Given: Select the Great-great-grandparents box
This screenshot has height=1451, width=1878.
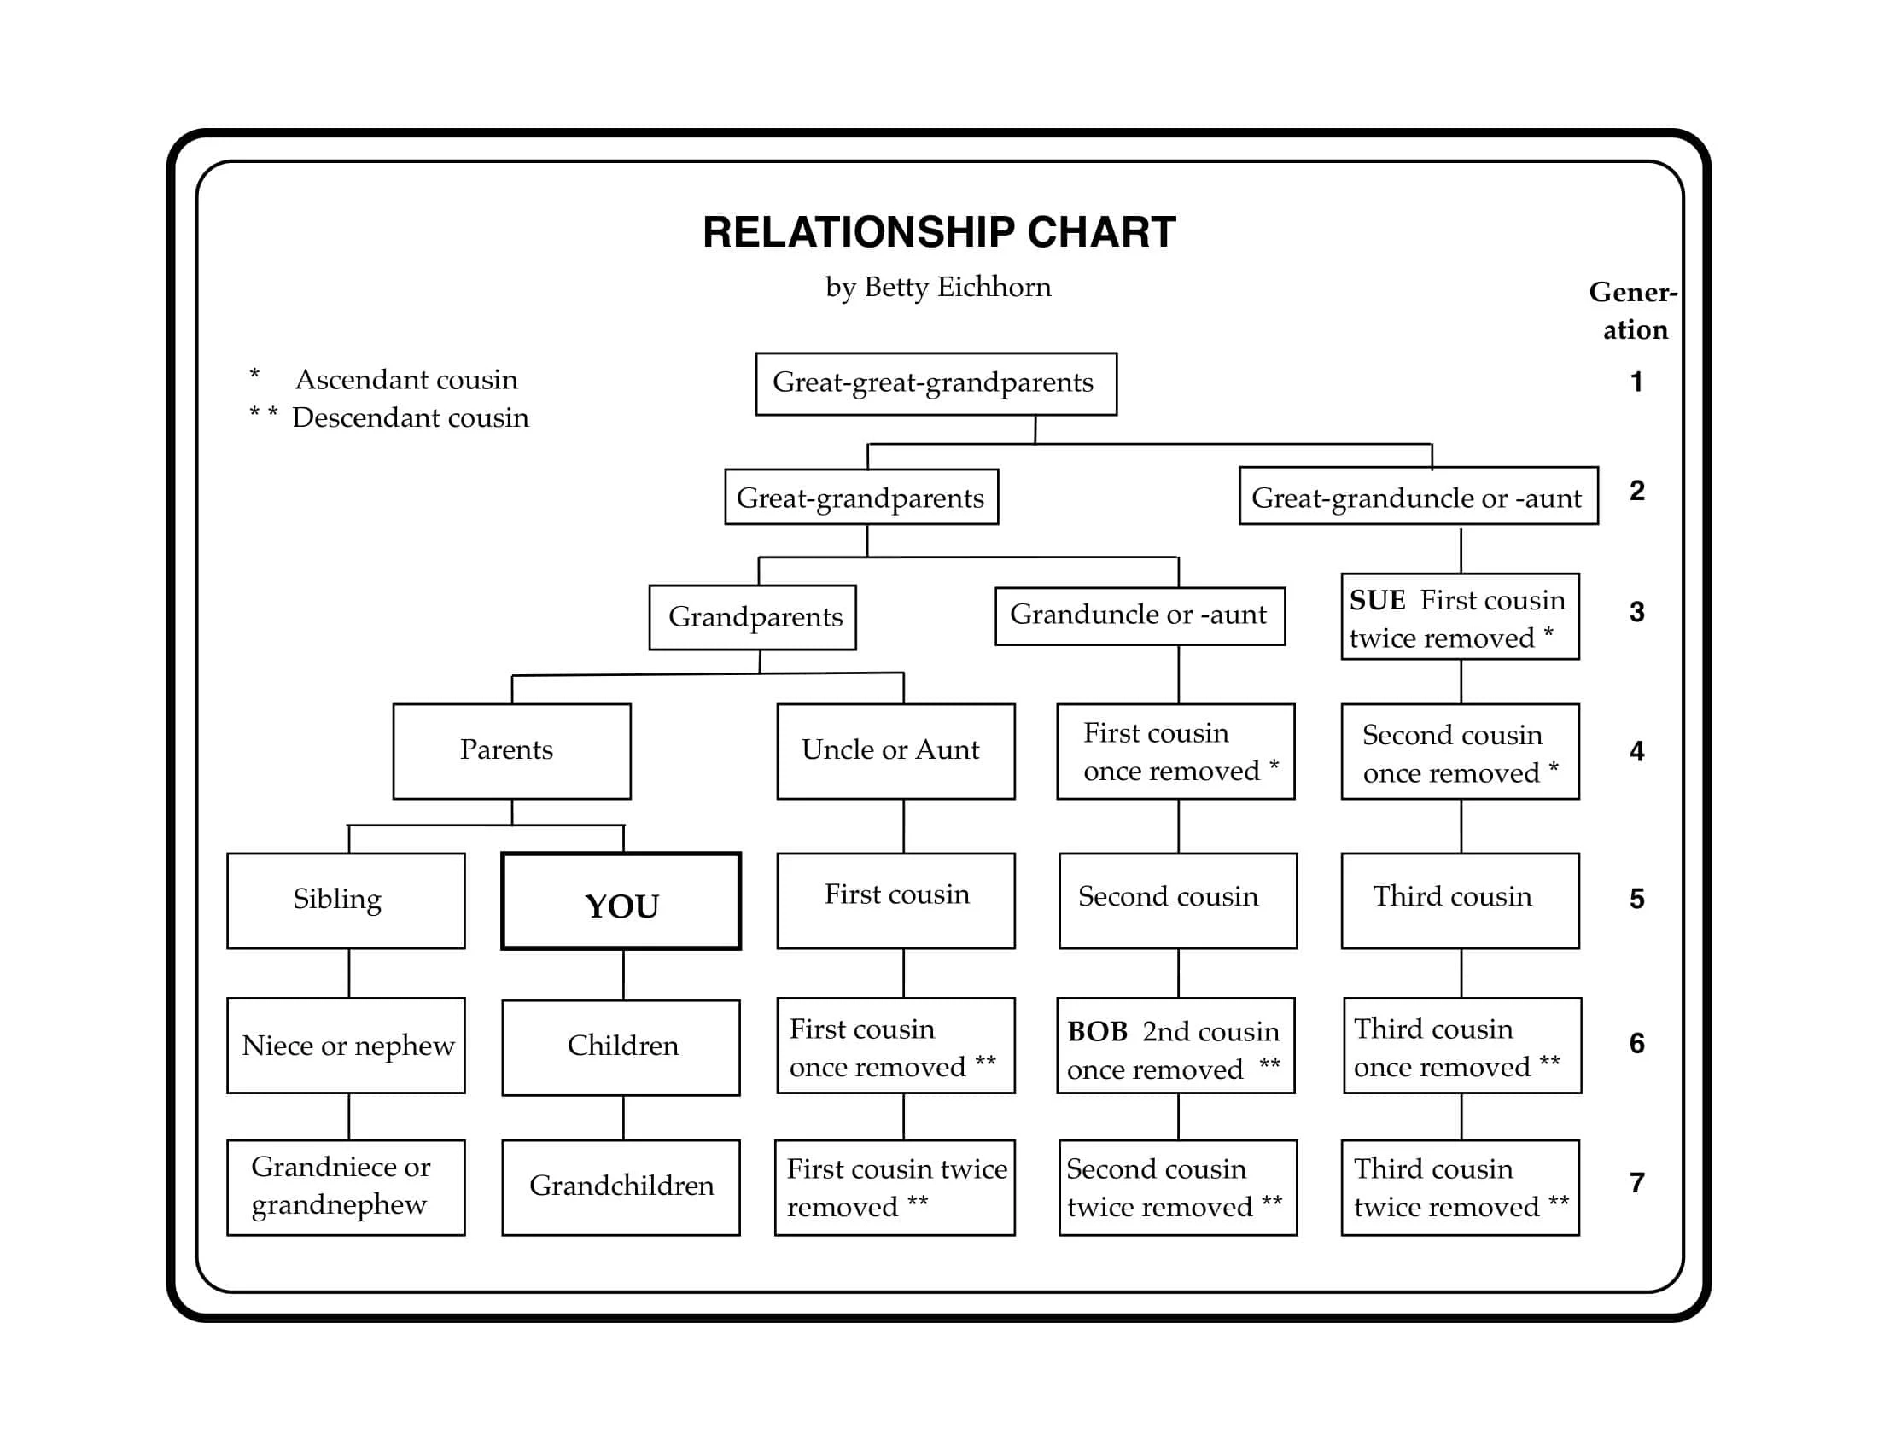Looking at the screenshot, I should click(x=936, y=383).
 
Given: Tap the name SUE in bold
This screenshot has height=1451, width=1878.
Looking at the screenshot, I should click(x=1377, y=600).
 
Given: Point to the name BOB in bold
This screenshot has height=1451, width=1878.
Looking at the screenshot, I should click(x=1096, y=1032).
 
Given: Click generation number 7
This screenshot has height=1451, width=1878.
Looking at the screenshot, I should click(x=1636, y=1183).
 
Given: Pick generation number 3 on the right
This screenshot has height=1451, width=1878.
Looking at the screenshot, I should click(x=1636, y=612).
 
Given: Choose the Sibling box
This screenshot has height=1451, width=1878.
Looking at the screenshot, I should click(x=346, y=900).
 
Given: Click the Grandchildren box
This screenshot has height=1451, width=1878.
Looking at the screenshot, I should click(x=621, y=1187).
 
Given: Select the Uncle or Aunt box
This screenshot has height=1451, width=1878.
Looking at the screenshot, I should click(x=895, y=750).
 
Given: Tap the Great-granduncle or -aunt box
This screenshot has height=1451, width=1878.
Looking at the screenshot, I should click(x=1418, y=496).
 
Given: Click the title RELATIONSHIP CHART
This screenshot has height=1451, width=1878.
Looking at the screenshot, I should click(x=939, y=232).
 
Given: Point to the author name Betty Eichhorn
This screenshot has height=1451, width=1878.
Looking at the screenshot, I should click(x=956, y=287).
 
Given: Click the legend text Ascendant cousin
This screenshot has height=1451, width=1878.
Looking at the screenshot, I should click(x=405, y=380).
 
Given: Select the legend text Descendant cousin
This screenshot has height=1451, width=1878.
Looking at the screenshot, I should click(x=410, y=417).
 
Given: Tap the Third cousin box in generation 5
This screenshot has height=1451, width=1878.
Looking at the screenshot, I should click(x=1459, y=900).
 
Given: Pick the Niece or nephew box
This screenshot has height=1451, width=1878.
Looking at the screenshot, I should click(x=346, y=1046).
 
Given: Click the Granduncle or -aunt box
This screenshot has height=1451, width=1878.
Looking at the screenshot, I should click(x=1140, y=615).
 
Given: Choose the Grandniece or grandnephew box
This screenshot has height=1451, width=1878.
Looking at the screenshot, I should click(x=346, y=1187).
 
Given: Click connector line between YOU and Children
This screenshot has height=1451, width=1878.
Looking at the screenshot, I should click(x=623, y=975).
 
